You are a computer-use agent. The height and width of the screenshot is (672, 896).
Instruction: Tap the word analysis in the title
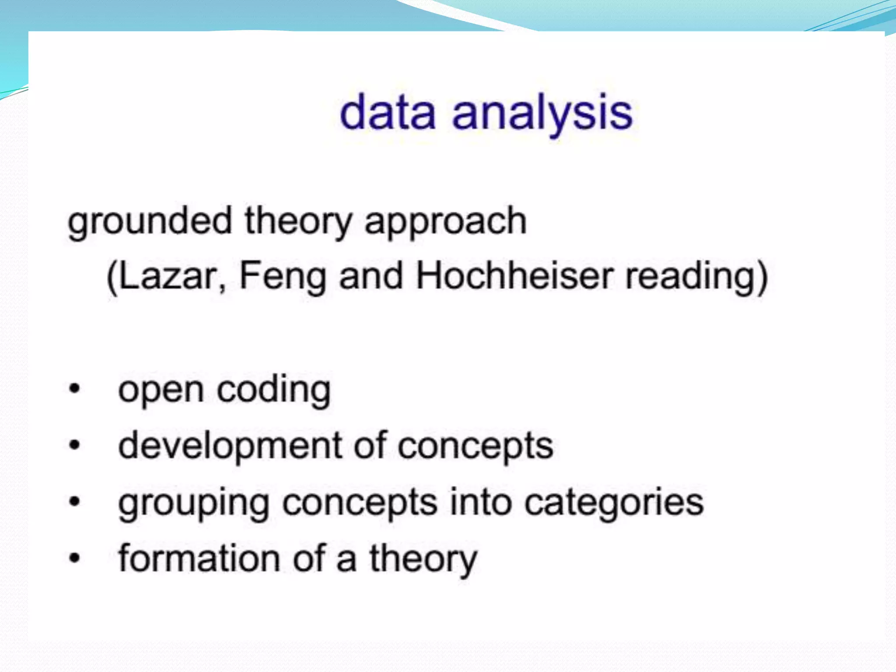(542, 114)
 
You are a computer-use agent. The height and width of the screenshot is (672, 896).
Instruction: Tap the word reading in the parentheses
(696, 276)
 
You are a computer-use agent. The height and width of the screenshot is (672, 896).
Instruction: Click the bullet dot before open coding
(75, 388)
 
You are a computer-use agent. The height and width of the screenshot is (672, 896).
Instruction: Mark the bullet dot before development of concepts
(75, 445)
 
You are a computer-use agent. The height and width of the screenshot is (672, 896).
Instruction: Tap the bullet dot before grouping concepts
(75, 501)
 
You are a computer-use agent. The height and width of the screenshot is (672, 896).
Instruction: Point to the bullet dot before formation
(75, 558)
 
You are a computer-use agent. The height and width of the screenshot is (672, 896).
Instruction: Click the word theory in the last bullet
(423, 559)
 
